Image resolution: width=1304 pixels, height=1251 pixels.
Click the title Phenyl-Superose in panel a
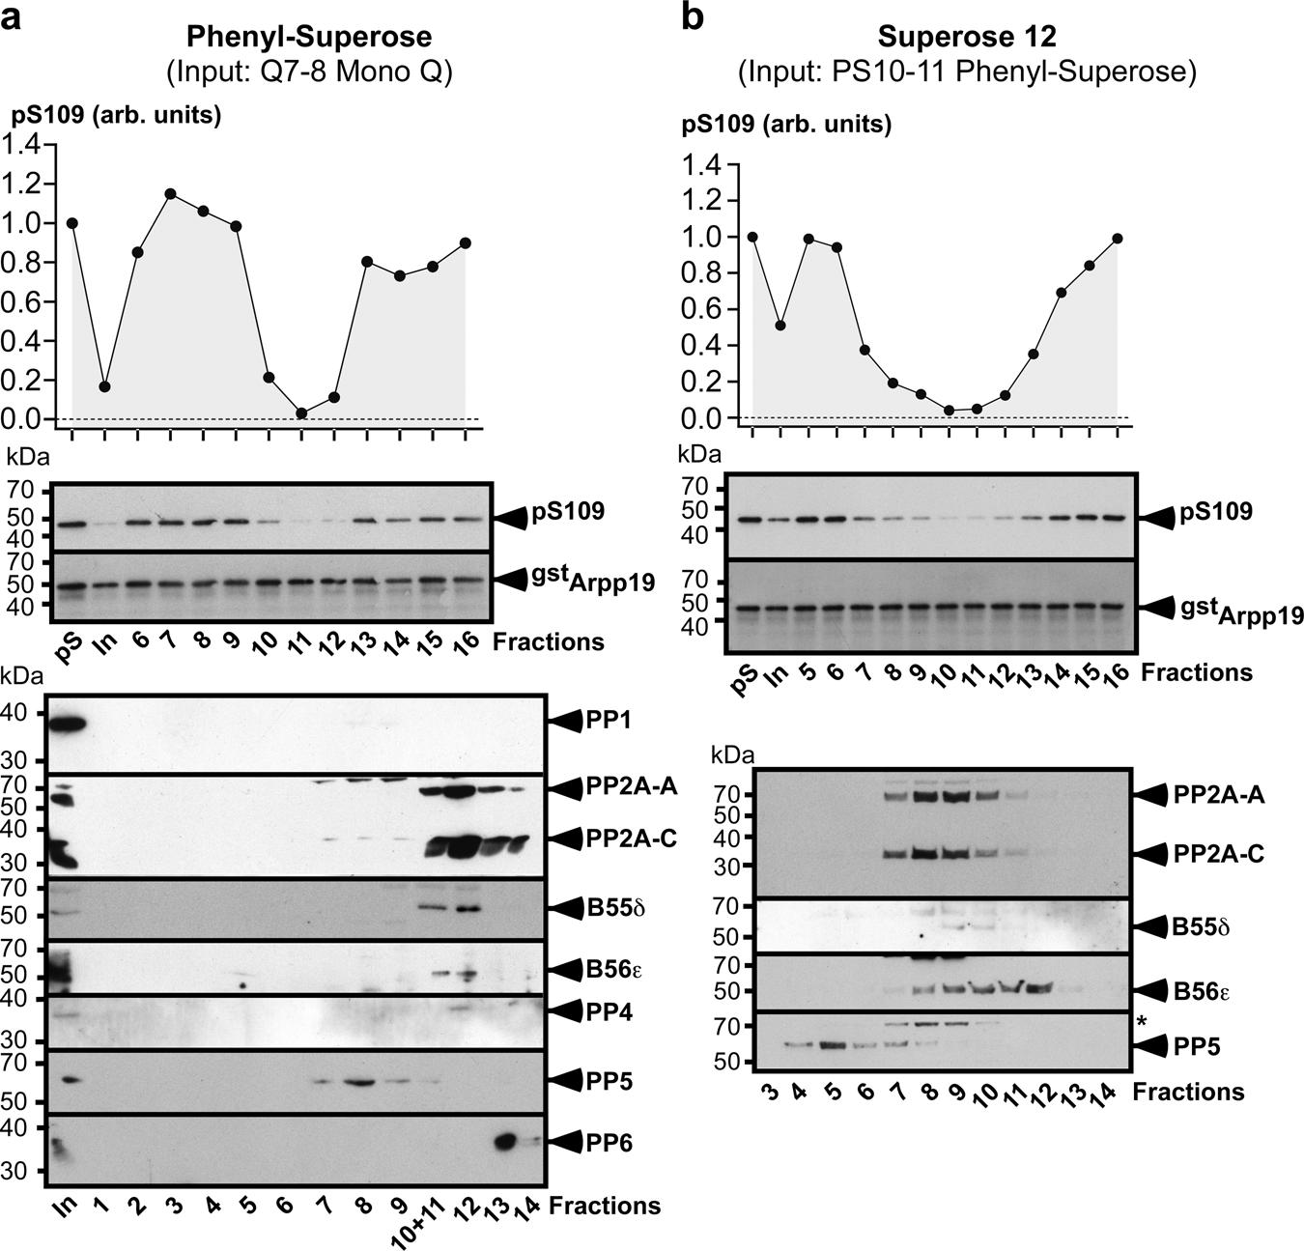pos(309,37)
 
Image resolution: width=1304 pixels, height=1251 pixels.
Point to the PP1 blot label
pos(610,720)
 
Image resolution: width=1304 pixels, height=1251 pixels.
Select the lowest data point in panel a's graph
pos(302,413)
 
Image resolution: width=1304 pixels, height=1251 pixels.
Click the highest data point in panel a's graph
pos(171,194)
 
